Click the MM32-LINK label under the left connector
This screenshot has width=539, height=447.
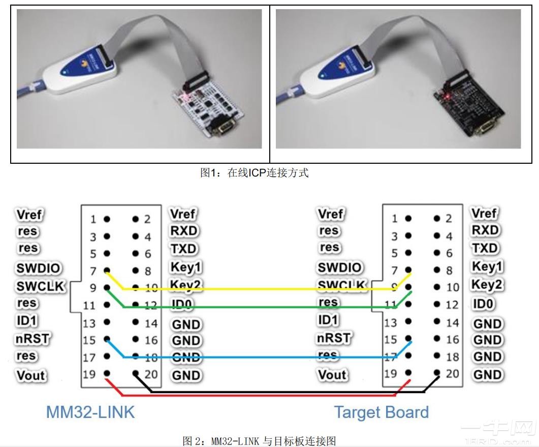coord(90,411)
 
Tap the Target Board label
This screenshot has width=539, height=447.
coord(381,412)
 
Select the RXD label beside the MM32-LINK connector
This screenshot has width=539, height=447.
coord(184,231)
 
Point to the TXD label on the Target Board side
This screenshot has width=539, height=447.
coord(485,248)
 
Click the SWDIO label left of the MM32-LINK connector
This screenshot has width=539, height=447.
coord(38,268)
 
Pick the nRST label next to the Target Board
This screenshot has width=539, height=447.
coord(333,338)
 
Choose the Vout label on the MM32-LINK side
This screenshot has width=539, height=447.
coord(31,375)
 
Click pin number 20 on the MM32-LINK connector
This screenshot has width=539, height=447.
coord(150,375)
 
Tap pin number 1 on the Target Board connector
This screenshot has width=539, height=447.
coord(394,219)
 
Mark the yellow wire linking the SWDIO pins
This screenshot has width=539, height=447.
coord(254,289)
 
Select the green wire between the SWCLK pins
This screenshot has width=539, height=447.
coord(254,307)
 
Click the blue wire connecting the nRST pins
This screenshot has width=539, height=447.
coord(254,357)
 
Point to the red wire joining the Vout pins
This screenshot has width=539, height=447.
coord(254,396)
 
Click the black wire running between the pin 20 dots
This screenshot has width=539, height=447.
coord(284,392)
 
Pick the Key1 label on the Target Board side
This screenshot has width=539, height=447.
coord(487,266)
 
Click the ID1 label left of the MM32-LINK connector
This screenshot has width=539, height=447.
coord(27,321)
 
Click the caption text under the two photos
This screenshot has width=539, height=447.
coord(254,172)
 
